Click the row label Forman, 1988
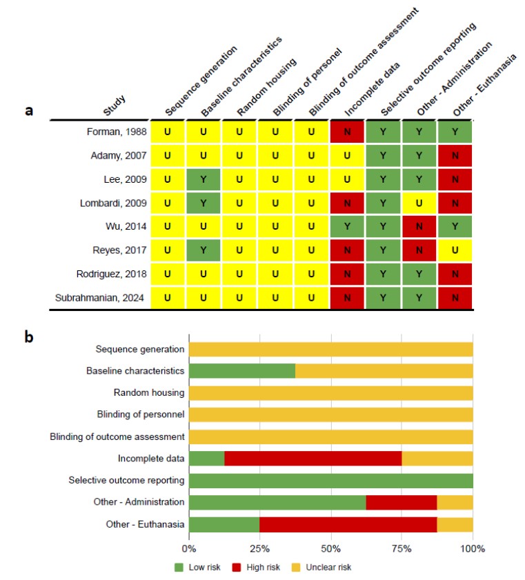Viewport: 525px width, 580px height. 117,132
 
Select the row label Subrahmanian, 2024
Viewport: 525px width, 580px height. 99,298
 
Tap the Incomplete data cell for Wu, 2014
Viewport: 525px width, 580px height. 347,226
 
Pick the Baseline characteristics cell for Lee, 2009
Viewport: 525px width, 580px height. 203,179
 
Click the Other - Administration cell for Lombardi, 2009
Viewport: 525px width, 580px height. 419,203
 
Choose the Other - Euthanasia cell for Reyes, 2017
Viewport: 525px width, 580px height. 455,250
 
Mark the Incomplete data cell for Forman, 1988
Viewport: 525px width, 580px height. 347,132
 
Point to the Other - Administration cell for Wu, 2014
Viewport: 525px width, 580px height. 419,226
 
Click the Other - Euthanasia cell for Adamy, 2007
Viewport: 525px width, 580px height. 455,156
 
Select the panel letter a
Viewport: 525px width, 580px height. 29,110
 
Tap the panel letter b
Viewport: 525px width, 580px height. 29,337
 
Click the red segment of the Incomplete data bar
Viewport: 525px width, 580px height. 313,459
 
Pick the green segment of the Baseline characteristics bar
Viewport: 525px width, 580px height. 242,370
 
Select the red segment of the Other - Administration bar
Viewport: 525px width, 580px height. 402,502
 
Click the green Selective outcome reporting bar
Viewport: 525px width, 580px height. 330,481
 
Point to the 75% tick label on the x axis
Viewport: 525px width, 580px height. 402,548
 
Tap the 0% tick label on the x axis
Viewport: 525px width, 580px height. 189,548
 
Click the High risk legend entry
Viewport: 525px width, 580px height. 256,568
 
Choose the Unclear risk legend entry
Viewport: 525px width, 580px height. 321,568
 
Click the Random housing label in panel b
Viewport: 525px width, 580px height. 149,392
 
